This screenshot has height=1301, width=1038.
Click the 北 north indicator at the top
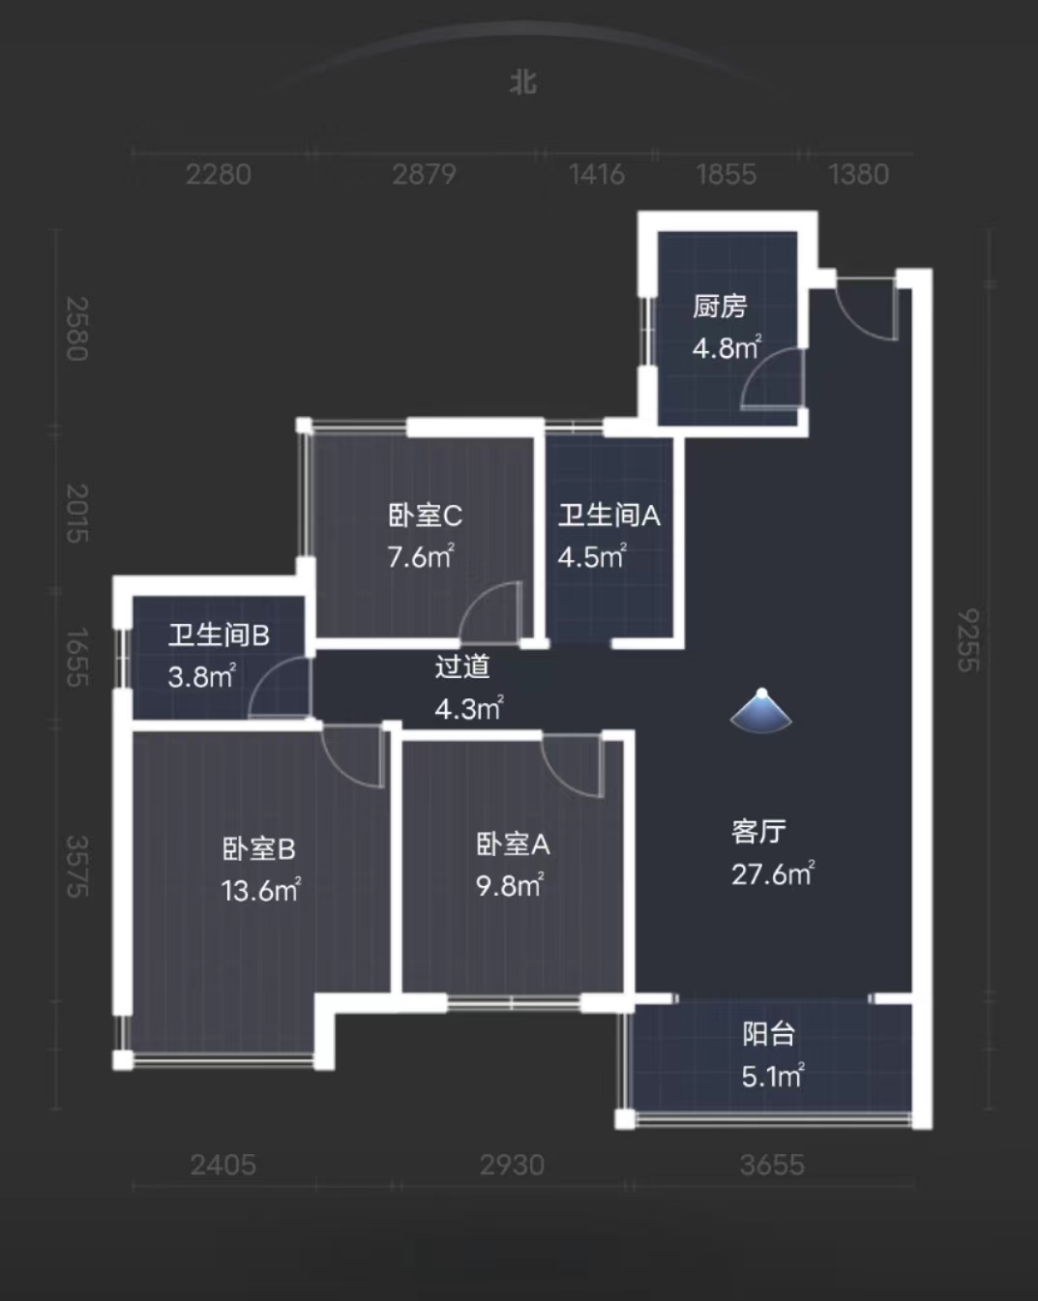[x=522, y=82]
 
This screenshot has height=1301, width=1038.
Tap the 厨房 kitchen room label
[x=720, y=307]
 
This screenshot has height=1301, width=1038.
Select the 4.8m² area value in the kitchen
[x=727, y=347]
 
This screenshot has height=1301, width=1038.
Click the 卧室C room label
[x=425, y=516]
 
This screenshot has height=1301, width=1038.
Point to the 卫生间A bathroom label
[x=608, y=516]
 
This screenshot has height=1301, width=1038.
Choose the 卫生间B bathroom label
[x=219, y=636]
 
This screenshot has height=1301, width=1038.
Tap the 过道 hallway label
[x=462, y=666]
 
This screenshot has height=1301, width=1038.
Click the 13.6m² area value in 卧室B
[x=260, y=890]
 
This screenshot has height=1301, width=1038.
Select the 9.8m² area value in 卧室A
[x=509, y=885]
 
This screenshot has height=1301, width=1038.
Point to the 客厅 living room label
[x=758, y=832]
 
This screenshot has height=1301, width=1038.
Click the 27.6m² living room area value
[x=772, y=874]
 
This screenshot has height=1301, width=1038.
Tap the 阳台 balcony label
[x=769, y=1034]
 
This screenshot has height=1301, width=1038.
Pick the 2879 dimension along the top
[x=424, y=174]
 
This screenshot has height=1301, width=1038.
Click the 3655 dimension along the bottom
[x=772, y=1165]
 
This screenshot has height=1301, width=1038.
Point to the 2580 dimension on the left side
[x=77, y=329]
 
